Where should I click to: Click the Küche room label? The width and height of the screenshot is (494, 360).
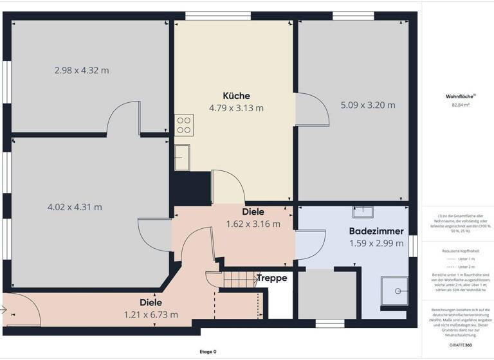pyautogui.click(x=236, y=96)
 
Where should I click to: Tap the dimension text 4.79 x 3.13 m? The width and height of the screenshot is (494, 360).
pyautogui.click(x=236, y=108)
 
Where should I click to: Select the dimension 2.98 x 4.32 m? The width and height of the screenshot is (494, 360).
pyautogui.click(x=82, y=70)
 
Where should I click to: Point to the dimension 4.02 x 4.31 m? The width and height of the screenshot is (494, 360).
pyautogui.click(x=75, y=207)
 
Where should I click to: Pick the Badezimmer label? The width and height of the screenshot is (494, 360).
pyautogui.click(x=376, y=231)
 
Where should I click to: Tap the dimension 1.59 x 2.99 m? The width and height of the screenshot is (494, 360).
pyautogui.click(x=376, y=243)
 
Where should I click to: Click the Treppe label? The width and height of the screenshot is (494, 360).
pyautogui.click(x=271, y=278)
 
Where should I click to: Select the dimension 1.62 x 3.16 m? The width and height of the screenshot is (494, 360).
pyautogui.click(x=253, y=224)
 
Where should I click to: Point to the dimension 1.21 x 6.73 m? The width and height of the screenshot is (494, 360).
pyautogui.click(x=151, y=314)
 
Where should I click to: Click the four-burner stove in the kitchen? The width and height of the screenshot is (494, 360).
pyautogui.click(x=183, y=124)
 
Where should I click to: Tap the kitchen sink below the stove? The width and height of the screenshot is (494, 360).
pyautogui.click(x=182, y=156)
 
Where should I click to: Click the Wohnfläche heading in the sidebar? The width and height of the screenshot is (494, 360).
pyautogui.click(x=457, y=96)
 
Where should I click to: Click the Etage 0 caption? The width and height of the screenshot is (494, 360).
pyautogui.click(x=208, y=352)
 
